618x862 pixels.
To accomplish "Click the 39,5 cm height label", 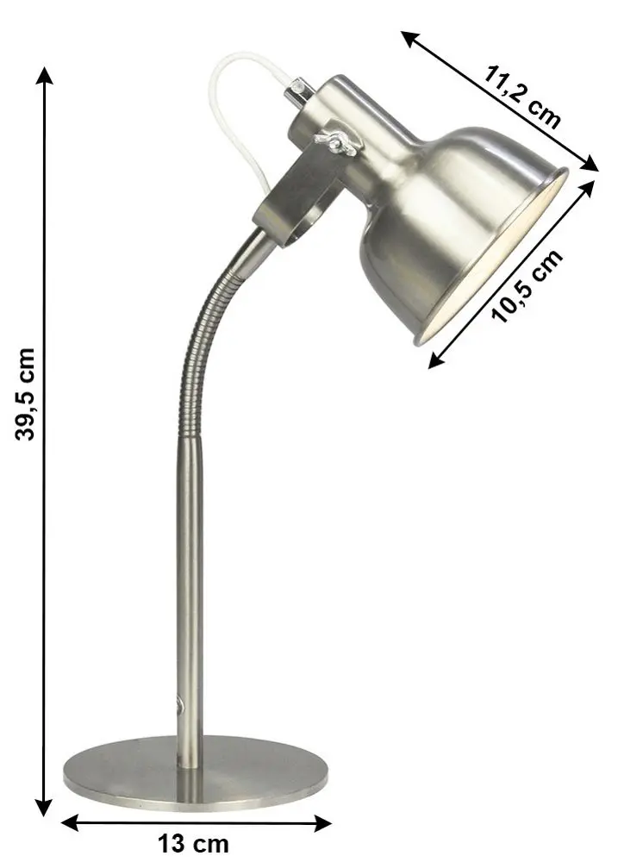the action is click(x=25, y=394).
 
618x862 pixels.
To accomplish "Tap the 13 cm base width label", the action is click(x=193, y=843).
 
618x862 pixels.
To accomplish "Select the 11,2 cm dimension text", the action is click(x=521, y=97).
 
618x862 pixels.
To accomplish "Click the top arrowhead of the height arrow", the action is click(x=45, y=75).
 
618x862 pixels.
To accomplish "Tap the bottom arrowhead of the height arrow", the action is click(x=44, y=807).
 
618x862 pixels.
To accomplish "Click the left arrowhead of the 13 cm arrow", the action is click(x=70, y=822).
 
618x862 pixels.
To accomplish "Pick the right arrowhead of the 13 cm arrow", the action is click(x=322, y=823).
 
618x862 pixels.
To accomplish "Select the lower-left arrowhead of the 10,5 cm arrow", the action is click(x=436, y=359).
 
